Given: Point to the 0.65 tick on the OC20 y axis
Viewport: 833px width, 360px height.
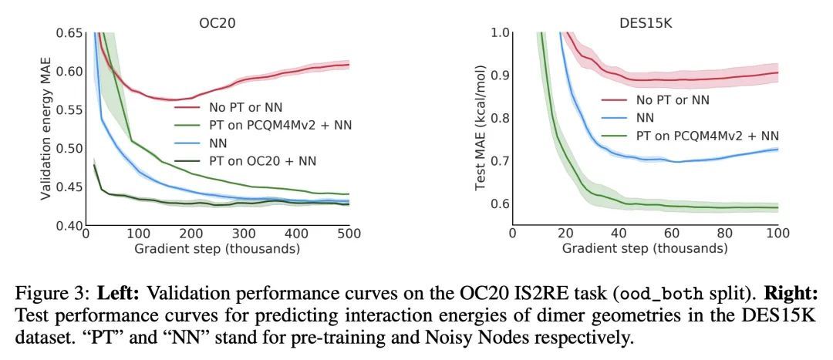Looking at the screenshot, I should pyautogui.click(x=68, y=33).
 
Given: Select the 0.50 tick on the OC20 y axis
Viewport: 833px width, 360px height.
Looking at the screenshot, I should pyautogui.click(x=68, y=149).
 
